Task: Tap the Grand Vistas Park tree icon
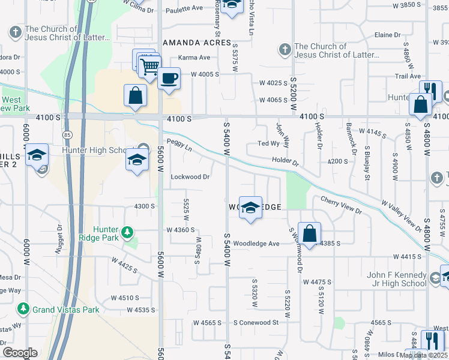click(x=23, y=309)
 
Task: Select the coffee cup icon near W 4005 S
click(x=169, y=78)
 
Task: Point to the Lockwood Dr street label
click(x=190, y=177)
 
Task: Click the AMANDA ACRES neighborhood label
click(x=197, y=43)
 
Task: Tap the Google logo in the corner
click(x=20, y=353)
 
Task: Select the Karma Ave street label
click(x=194, y=58)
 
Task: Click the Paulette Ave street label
click(x=184, y=9)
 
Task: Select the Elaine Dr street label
click(x=387, y=35)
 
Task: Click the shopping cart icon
click(x=150, y=66)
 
